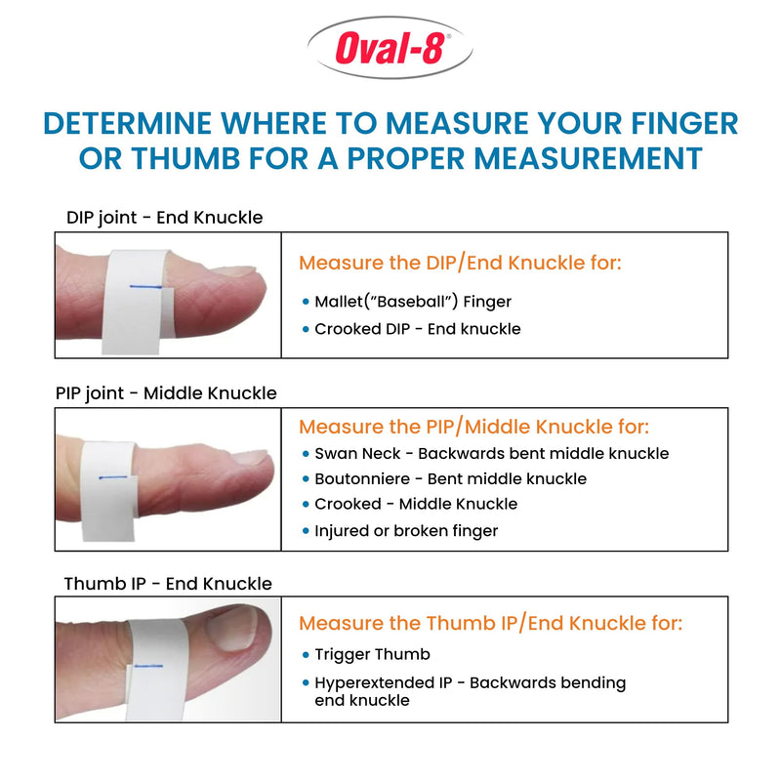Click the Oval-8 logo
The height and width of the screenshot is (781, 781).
(390, 49)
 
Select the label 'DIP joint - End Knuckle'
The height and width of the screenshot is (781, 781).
(164, 217)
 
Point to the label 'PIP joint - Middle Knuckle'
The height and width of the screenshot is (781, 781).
(166, 393)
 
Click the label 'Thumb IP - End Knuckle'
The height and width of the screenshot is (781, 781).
(168, 584)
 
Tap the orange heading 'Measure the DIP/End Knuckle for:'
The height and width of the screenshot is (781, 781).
(460, 263)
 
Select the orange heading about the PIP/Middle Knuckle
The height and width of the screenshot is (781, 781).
(473, 427)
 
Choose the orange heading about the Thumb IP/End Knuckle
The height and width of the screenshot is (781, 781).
(490, 623)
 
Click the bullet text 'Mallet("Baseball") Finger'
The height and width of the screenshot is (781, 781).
(413, 302)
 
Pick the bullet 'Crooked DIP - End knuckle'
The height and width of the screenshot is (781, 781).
(418, 329)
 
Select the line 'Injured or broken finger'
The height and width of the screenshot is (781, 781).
(406, 531)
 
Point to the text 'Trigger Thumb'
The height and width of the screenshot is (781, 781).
(372, 654)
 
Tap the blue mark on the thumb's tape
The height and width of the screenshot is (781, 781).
(150, 666)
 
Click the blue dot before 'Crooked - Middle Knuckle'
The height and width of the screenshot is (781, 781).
(306, 505)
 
